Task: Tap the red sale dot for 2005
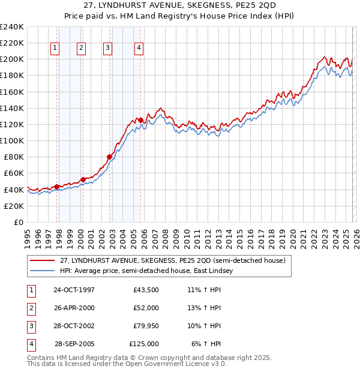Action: click(140, 120)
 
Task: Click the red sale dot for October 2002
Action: click(109, 157)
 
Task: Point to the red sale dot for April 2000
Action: click(83, 179)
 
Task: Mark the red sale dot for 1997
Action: click(56, 187)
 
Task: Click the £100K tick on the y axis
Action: click(12, 140)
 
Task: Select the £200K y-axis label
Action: click(12, 59)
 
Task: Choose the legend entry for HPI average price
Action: click(146, 271)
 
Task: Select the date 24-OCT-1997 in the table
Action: click(74, 290)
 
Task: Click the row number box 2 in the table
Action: click(30, 308)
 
